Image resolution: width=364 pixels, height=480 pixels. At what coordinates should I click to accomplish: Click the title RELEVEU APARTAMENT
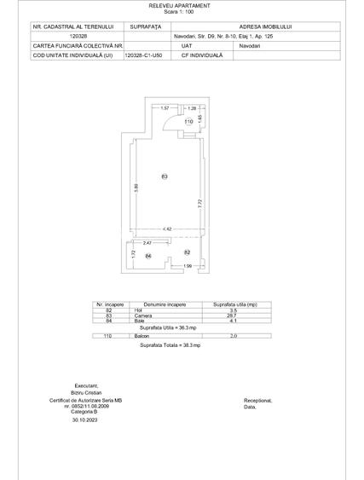(x=182, y=5)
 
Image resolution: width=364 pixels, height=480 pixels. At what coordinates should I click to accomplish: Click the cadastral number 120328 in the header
(x=77, y=37)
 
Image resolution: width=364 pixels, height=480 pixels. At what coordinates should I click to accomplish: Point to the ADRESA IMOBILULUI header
(x=257, y=27)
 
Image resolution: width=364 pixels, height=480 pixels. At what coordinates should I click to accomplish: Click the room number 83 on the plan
(x=165, y=176)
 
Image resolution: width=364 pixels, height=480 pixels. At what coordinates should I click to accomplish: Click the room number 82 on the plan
(x=188, y=252)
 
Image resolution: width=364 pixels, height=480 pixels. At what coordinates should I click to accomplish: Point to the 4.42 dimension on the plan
(x=168, y=229)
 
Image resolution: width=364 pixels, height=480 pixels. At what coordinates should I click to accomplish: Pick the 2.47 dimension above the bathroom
(x=147, y=244)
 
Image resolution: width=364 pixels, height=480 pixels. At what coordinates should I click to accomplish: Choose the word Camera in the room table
(x=143, y=315)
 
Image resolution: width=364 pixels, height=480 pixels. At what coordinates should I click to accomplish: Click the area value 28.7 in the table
(x=232, y=315)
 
